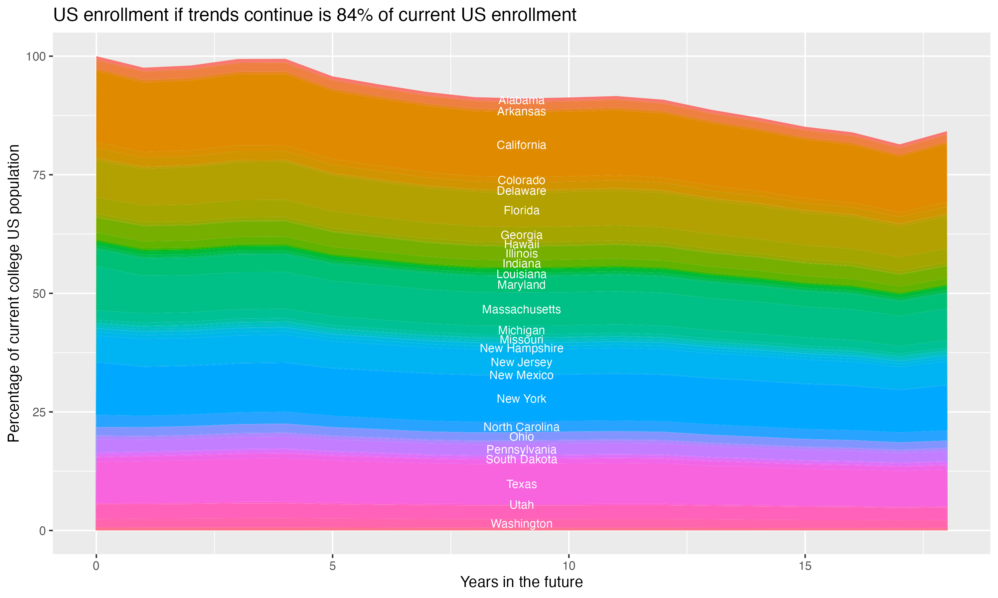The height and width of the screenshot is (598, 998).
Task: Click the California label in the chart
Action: [x=521, y=145]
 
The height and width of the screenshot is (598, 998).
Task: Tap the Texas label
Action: [x=521, y=484]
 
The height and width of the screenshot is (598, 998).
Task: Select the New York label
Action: [x=521, y=399]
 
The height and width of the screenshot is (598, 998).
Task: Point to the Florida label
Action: [x=521, y=210]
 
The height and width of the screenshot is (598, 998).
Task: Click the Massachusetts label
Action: [x=521, y=310]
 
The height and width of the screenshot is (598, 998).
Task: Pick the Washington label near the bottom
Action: [x=521, y=524]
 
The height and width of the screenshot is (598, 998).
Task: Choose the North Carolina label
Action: [x=521, y=427]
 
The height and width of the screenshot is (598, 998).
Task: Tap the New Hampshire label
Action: [x=521, y=348]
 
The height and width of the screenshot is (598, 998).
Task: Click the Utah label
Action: [x=521, y=505]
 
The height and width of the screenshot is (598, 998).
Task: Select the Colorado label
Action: [x=521, y=180]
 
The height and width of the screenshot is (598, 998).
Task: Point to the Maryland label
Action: [x=521, y=285]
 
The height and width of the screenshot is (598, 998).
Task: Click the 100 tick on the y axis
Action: [x=36, y=56]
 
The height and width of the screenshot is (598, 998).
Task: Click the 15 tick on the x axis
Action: [x=805, y=566]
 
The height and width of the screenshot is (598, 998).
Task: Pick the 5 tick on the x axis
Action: [x=332, y=566]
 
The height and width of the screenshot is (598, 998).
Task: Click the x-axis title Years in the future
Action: [x=521, y=582]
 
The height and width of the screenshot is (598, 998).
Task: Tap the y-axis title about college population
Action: [x=14, y=293]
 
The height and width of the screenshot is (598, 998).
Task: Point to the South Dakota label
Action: [x=521, y=459]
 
